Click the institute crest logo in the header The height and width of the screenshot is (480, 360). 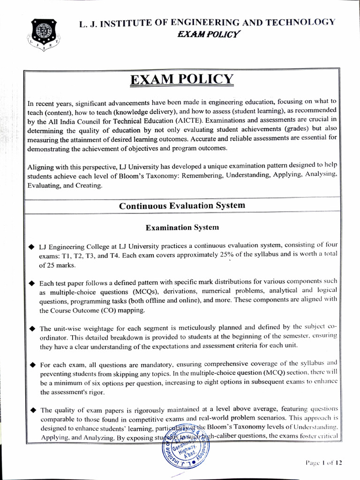[x=43, y=34]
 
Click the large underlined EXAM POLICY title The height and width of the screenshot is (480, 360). [x=182, y=80]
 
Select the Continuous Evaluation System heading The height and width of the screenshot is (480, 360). [x=182, y=206]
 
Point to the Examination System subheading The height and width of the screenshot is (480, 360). [x=182, y=227]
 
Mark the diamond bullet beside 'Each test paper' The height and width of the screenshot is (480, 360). [x=31, y=283]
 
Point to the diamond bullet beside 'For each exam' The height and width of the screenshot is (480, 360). [x=31, y=364]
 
